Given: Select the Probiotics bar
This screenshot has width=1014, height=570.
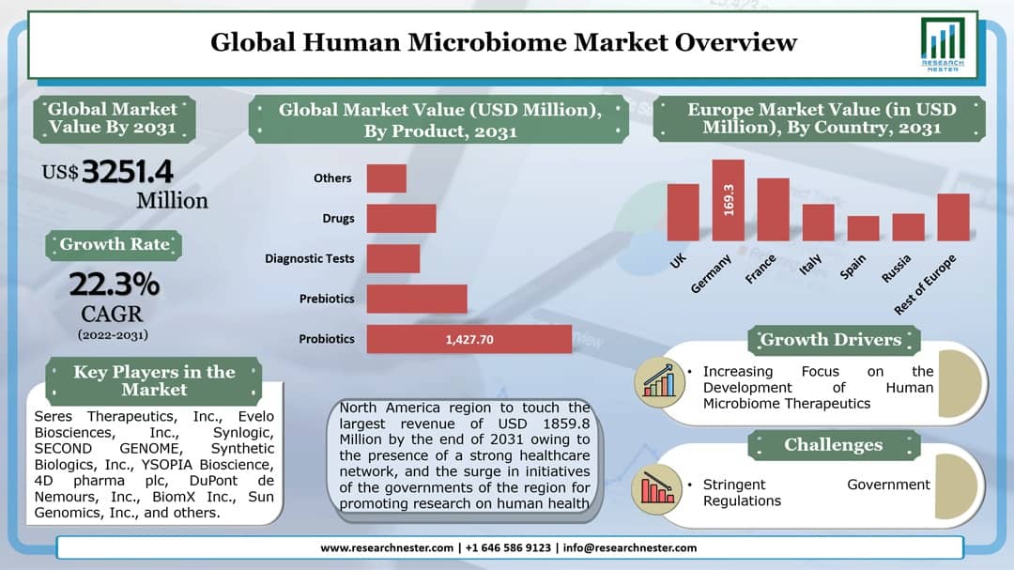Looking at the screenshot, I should click(469, 339).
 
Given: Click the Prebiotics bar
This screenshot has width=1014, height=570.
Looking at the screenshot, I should click(416, 299).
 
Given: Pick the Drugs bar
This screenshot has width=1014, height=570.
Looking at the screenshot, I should click(401, 218).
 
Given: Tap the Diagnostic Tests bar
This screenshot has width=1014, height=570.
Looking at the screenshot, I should click(392, 258).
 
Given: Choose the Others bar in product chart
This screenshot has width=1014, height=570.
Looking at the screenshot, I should click(386, 178).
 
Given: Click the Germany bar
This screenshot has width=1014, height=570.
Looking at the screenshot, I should click(728, 200).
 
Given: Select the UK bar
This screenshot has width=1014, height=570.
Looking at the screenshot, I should click(683, 212).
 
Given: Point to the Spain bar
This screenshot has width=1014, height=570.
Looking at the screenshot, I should click(863, 228).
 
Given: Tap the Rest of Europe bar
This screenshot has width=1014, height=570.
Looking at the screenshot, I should click(953, 217).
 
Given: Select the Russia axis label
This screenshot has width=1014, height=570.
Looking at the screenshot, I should click(896, 269).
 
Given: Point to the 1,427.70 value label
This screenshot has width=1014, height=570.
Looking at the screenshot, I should click(469, 339).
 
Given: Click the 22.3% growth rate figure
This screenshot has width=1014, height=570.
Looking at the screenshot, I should click(114, 283).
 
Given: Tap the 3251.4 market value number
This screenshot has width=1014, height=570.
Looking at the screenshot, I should click(128, 172).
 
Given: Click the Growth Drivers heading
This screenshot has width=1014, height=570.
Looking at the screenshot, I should click(831, 339).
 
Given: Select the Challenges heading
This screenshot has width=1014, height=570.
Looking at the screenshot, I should click(833, 444).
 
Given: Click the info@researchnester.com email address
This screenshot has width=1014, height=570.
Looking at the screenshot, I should click(630, 547).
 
